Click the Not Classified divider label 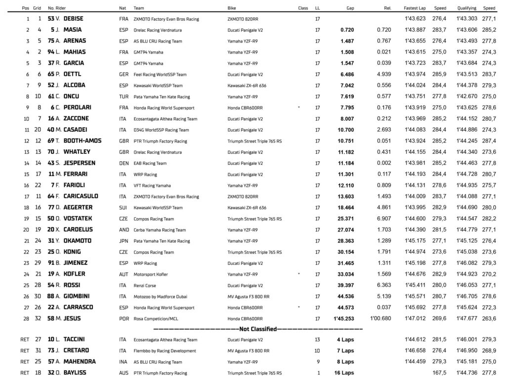point(257,329)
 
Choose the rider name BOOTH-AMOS point(82,141)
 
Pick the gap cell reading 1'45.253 point(343,319)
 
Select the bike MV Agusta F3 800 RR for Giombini point(248,296)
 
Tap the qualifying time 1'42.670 point(466,96)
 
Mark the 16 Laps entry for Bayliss point(345,373)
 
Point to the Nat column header point(123,8)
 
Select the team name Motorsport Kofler point(151,274)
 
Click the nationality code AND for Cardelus point(124,230)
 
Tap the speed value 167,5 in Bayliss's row point(440,373)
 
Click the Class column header point(303,8)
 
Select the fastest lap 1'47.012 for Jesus point(415,319)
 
